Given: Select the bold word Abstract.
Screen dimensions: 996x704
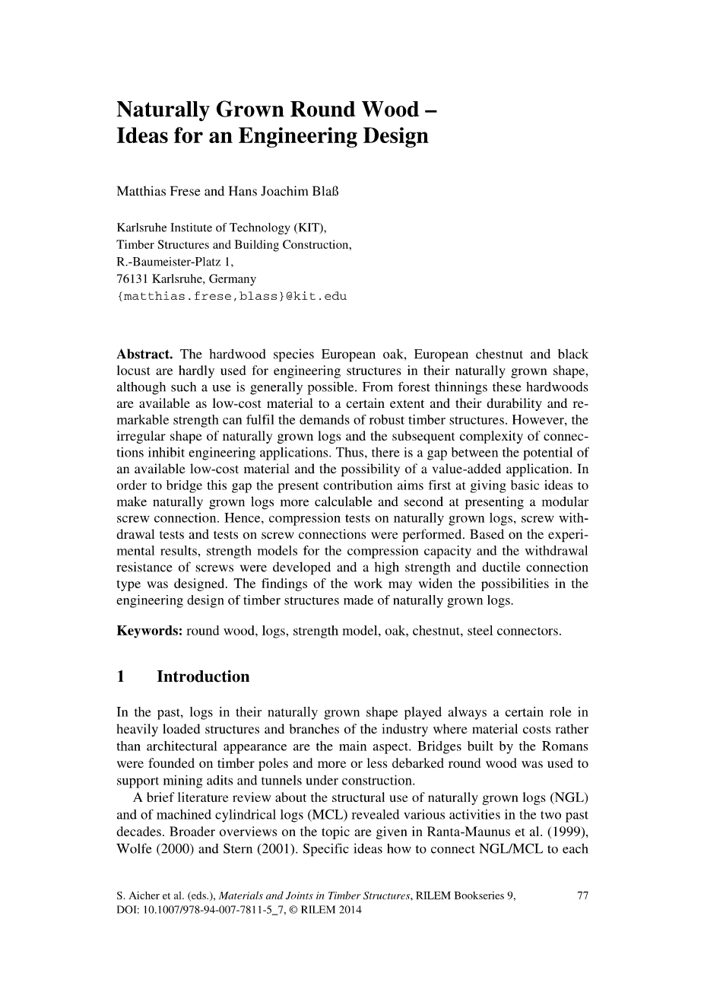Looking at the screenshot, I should click(x=145, y=355).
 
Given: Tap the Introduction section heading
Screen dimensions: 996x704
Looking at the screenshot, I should click(x=203, y=676).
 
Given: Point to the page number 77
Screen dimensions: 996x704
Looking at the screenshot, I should click(x=583, y=896).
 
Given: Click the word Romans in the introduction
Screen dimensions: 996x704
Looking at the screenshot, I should click(x=564, y=746).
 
